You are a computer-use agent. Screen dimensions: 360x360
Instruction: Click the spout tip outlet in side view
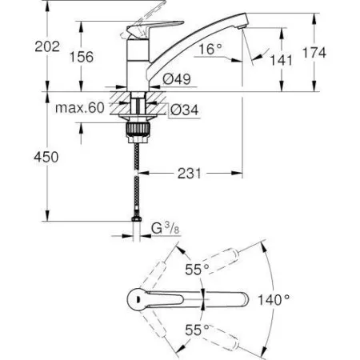[x=240, y=28]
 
